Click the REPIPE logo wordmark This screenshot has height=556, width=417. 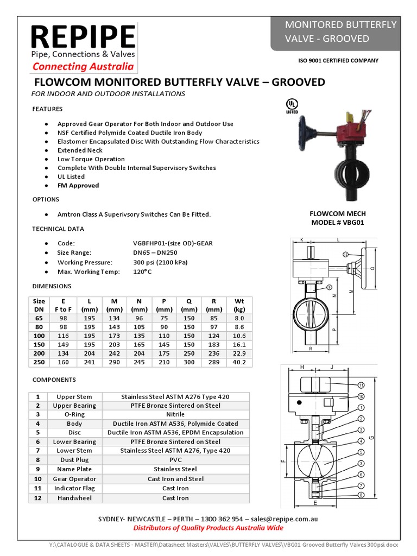(x=83, y=36)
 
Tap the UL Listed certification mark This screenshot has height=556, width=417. (x=292, y=105)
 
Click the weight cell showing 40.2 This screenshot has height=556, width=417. (x=239, y=362)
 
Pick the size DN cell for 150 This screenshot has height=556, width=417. (x=39, y=344)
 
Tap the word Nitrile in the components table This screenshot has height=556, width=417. (x=175, y=414)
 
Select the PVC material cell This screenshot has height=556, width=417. (x=175, y=460)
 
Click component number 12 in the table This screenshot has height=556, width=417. (x=37, y=498)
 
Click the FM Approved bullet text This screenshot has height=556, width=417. (x=78, y=186)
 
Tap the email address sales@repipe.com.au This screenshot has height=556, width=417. (x=285, y=519)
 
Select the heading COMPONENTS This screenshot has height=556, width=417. (x=54, y=380)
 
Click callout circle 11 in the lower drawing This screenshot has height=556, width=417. (x=361, y=384)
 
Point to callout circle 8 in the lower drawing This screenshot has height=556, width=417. (x=361, y=495)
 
